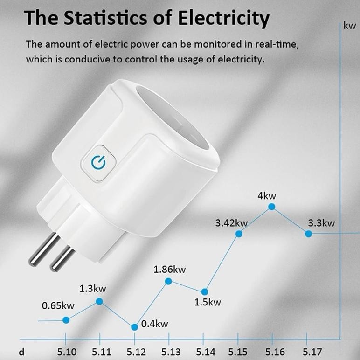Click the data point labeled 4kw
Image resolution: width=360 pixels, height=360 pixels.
271,207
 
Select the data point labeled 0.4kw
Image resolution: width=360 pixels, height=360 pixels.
134,327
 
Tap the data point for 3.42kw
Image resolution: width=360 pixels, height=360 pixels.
239,234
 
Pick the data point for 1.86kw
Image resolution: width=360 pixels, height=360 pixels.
168,281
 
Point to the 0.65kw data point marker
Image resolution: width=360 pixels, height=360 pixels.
66,320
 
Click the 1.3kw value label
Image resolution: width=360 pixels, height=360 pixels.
92,288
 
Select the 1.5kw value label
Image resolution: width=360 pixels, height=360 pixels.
208,302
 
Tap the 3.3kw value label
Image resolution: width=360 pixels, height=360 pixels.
321,222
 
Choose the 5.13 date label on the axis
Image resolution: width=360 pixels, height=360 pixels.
171,351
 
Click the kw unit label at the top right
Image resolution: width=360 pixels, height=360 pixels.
350,26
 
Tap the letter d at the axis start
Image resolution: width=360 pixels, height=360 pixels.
21,351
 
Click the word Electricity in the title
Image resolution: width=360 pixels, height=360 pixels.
224,19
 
